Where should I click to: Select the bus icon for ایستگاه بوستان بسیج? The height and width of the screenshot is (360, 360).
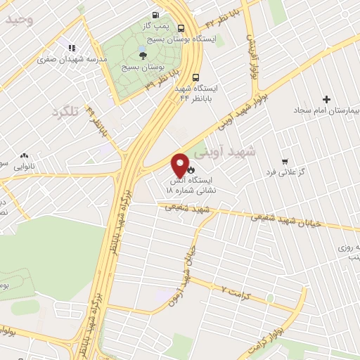181,29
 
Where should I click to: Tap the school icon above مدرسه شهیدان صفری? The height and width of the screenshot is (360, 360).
71,48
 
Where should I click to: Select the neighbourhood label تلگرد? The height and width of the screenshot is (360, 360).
67,111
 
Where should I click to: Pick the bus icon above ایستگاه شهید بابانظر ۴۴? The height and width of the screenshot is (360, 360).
195,78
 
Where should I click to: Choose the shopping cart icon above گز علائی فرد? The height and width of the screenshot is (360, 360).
284,161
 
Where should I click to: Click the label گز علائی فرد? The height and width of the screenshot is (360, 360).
283,172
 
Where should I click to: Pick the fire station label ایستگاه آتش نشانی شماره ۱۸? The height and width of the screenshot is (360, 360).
190,184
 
